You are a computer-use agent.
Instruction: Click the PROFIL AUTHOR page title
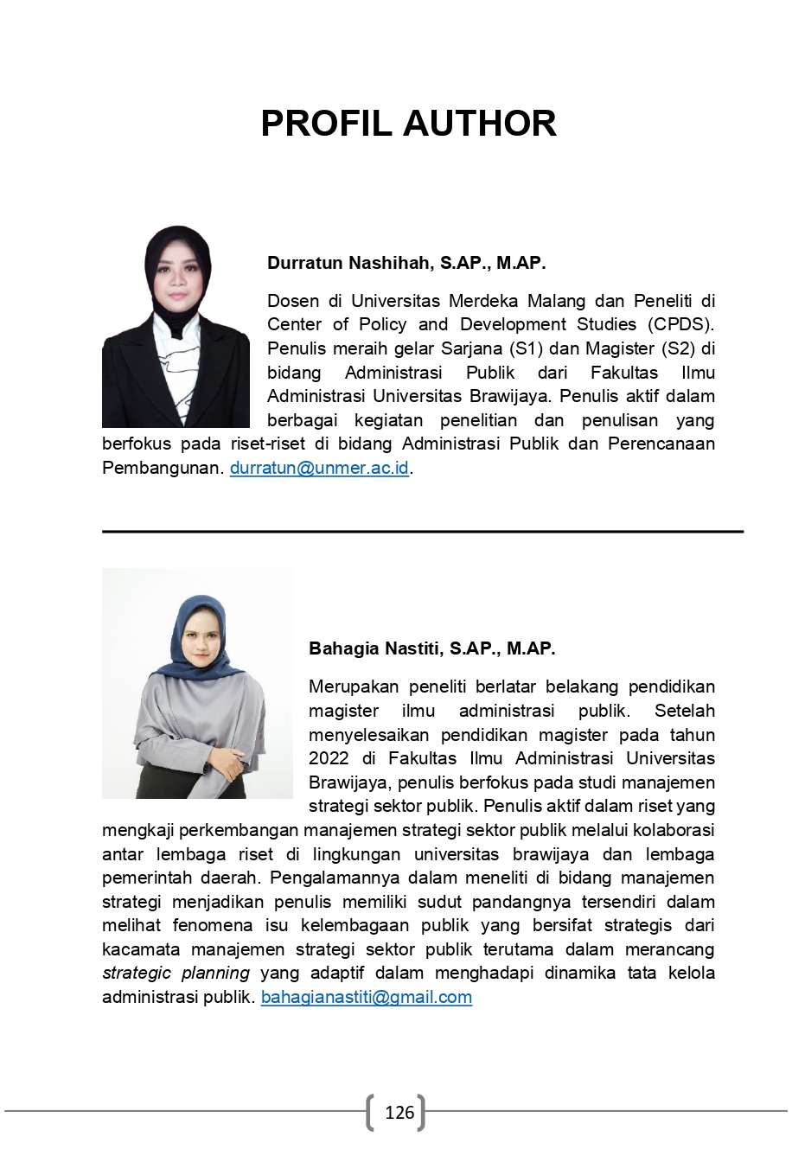[408, 124]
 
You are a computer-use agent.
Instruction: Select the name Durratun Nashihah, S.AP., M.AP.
[406, 263]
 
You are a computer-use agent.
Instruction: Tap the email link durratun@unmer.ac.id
[319, 469]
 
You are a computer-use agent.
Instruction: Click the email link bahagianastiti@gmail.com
[367, 997]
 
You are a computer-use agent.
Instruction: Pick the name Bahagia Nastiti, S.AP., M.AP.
[431, 648]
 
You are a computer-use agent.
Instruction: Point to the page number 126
[399, 1113]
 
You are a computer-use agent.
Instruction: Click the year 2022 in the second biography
[329, 758]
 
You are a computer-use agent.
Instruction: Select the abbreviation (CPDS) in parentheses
[685, 324]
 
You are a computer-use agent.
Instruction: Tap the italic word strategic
[132, 973]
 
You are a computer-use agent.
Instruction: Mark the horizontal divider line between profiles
[423, 532]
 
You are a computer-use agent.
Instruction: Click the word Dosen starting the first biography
[293, 301]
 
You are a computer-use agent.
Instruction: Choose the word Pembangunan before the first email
[163, 469]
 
